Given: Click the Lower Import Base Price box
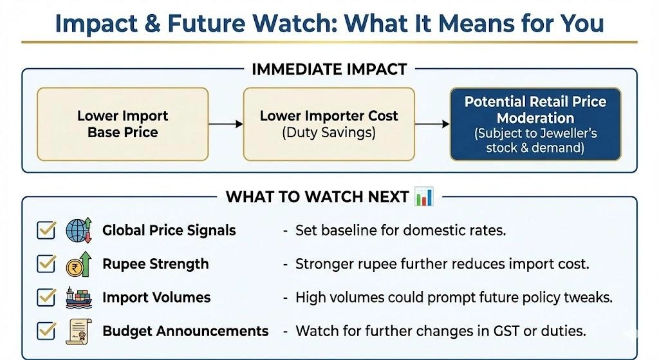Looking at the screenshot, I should coord(122,124).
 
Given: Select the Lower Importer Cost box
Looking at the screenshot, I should coord(328,124).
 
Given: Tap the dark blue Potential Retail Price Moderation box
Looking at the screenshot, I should coord(535,124).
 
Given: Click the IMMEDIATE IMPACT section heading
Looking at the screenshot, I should coord(329,70).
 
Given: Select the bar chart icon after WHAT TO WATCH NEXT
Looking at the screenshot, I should coord(425,197).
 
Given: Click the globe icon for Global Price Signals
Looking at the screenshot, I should coord(79,231).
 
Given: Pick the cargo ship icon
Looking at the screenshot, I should coord(79,298).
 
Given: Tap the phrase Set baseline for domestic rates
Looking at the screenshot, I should coord(400,231).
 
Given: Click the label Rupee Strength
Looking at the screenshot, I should coord(155,264).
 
